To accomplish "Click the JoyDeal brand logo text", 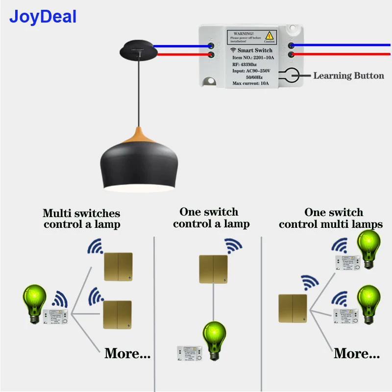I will [43, 17].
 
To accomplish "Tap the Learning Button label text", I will [348, 75].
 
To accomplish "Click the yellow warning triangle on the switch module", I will [269, 36].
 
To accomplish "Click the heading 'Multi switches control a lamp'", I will [81, 219].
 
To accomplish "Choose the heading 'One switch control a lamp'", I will [211, 218].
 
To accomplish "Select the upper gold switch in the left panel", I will [118, 267].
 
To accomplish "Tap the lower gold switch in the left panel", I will [117, 315].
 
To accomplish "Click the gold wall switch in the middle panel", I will [213, 269].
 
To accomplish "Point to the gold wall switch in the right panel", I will [293, 308].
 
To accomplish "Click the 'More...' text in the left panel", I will [127, 353].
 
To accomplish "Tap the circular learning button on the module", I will [290, 75].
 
